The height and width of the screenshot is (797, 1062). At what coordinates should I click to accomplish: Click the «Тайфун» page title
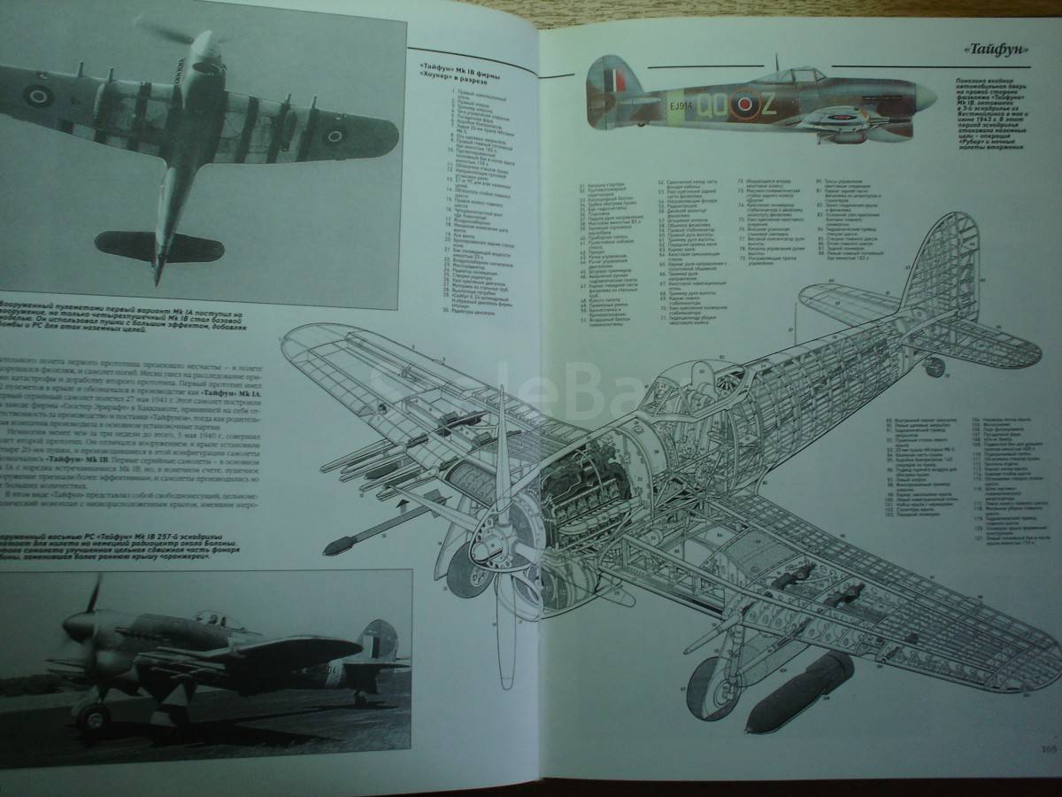[994, 51]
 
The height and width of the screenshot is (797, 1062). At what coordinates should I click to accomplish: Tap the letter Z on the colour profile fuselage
[767, 106]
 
